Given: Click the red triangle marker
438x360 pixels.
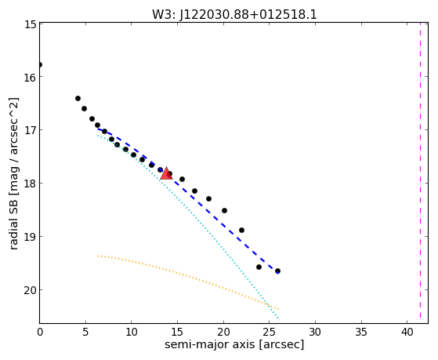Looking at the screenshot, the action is (x=166, y=173).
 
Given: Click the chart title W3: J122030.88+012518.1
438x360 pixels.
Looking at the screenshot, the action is (x=234, y=15).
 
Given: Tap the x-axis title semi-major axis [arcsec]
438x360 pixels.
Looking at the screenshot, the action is (x=234, y=344).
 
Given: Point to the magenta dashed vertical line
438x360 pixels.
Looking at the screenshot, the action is (x=420, y=170).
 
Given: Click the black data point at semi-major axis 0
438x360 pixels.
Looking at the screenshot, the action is (x=40, y=65).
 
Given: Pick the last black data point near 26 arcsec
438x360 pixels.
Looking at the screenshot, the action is (x=277, y=271).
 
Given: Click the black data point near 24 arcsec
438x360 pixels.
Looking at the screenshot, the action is (x=259, y=267).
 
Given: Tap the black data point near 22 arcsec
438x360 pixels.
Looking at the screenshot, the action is (x=241, y=231).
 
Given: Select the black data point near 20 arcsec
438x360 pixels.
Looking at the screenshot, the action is (x=224, y=211).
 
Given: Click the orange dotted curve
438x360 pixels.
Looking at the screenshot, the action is (x=188, y=275).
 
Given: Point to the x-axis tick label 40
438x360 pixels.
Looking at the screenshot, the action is (x=407, y=333).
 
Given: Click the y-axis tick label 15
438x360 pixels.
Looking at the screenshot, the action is (x=30, y=24).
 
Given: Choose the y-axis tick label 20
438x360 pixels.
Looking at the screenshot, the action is (x=30, y=291).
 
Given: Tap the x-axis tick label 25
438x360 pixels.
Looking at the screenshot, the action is (x=270, y=333).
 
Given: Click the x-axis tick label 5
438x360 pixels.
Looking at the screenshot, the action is (x=85, y=333).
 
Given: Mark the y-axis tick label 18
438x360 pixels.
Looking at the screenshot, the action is (x=30, y=184).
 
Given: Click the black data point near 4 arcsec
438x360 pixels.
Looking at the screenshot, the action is (x=78, y=99).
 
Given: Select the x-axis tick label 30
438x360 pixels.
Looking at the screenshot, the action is (x=315, y=333).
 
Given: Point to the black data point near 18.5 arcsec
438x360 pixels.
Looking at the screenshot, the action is (x=208, y=199).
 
